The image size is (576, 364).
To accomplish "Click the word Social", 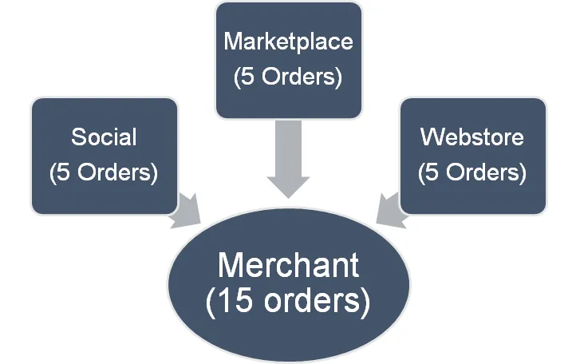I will tap(104, 137).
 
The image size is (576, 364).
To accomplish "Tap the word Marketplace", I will tap(287, 42).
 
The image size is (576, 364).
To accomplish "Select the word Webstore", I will tap(472, 137).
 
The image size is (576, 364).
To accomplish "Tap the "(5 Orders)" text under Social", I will tap(104, 172).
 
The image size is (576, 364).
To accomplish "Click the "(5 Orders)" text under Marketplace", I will tap(287, 77).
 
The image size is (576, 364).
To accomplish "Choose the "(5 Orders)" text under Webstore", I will tap(472, 172).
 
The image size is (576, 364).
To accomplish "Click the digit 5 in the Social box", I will tap(64, 172).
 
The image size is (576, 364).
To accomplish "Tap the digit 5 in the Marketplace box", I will tap(247, 77).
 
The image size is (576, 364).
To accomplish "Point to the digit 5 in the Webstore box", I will tap(432, 172).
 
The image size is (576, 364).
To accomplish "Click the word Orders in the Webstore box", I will tap(483, 172).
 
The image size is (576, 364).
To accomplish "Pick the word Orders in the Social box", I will tap(115, 172).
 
